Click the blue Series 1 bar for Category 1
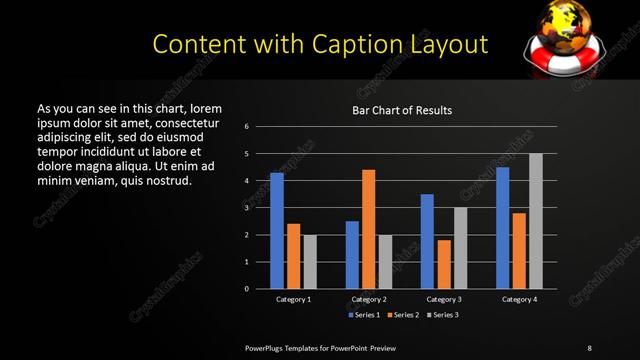[x=277, y=231]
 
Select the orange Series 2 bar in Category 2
[x=369, y=229]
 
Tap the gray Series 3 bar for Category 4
[x=536, y=221]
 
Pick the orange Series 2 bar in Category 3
[x=444, y=264]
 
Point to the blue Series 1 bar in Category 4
[x=503, y=228]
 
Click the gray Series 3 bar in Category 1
[x=310, y=262]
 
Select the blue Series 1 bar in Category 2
[x=352, y=255]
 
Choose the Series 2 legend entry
[x=402, y=315]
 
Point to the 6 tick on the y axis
[x=247, y=127]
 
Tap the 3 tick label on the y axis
[x=247, y=208]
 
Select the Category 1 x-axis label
[x=294, y=299]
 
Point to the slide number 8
[x=589, y=347]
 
